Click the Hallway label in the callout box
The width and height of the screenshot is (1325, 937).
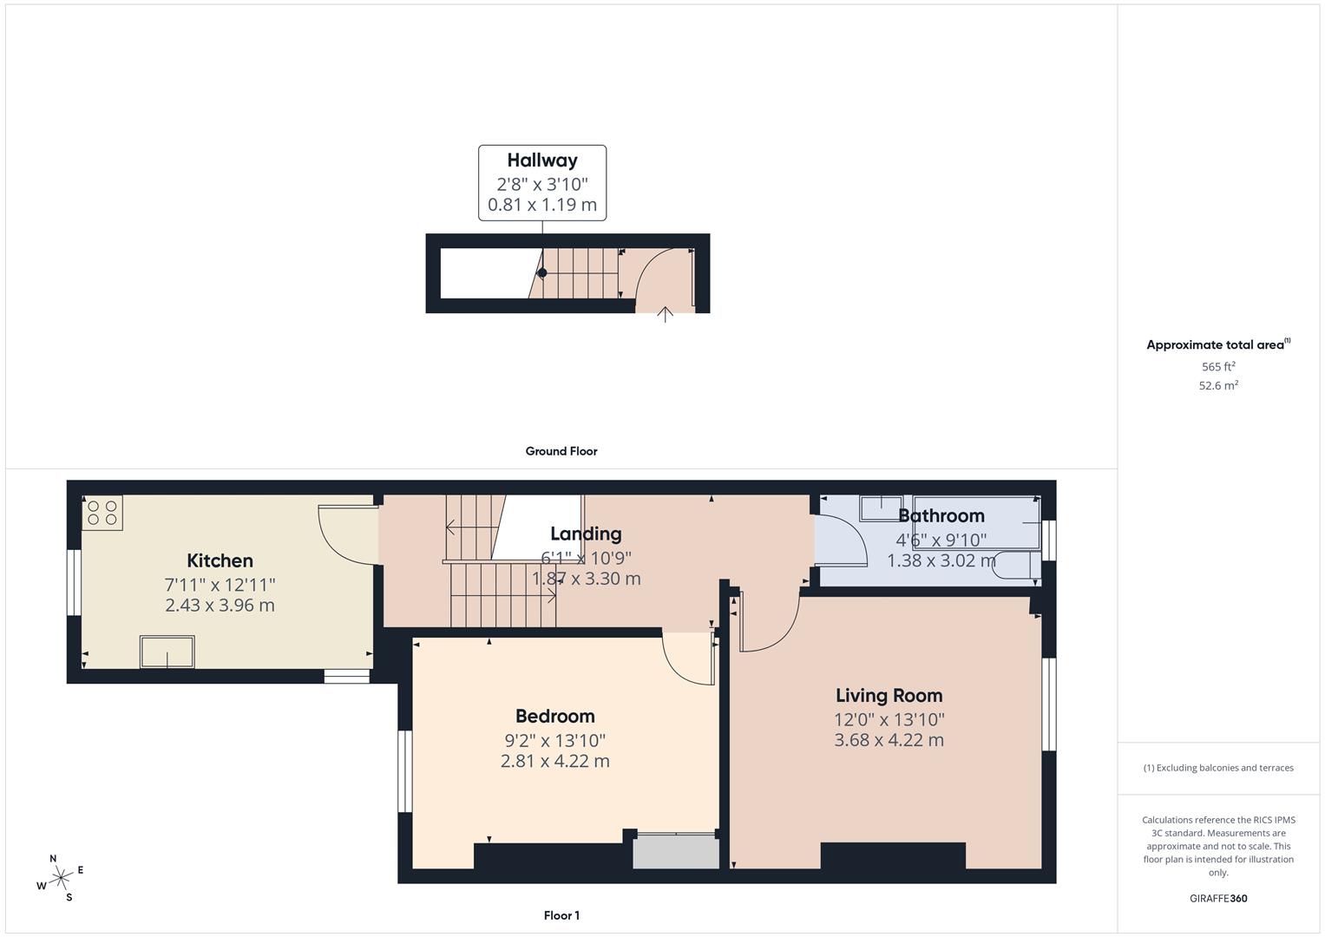click(x=541, y=161)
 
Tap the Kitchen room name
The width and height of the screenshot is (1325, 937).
click(x=220, y=560)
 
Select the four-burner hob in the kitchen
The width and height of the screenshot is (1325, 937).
click(x=102, y=513)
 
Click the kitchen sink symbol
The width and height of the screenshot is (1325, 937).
click(x=167, y=652)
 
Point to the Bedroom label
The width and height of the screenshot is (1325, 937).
click(x=554, y=716)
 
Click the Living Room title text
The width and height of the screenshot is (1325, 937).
click(x=889, y=695)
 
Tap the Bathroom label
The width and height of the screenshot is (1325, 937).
click(x=941, y=515)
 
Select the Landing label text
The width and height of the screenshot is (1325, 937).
click(x=586, y=534)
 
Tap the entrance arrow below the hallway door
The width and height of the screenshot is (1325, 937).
click(x=665, y=315)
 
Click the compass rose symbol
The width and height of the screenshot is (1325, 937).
click(x=61, y=878)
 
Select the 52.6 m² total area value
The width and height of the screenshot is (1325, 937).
click(x=1218, y=385)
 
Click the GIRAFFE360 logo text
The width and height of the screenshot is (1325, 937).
click(x=1218, y=898)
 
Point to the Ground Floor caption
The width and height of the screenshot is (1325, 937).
click(x=561, y=451)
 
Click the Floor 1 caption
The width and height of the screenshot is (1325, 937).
click(x=561, y=915)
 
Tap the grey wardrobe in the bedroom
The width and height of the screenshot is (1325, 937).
click(x=675, y=851)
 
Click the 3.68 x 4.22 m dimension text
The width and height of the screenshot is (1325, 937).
click(x=889, y=739)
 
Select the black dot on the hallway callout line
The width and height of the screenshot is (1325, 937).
click(x=541, y=272)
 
